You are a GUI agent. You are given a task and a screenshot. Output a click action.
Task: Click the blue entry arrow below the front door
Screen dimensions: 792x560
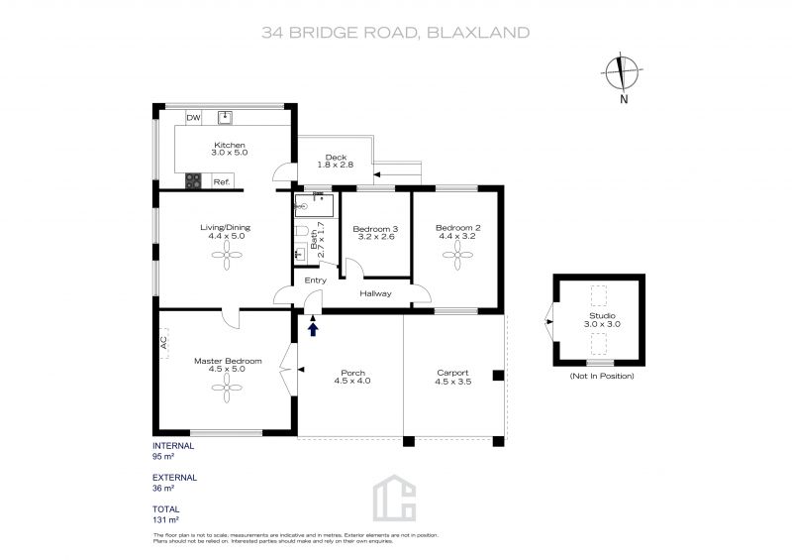tap(313, 330)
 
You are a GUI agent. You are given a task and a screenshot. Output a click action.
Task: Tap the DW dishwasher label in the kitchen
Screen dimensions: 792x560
tap(193, 118)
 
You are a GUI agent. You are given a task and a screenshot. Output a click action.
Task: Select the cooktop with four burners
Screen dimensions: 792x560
tap(193, 180)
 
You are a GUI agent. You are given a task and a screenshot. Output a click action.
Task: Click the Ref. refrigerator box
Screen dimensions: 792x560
tap(222, 180)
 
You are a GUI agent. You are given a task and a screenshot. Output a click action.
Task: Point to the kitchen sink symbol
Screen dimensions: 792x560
tap(225, 117)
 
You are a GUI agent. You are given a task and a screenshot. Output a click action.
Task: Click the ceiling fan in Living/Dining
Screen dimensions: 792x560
tap(227, 255)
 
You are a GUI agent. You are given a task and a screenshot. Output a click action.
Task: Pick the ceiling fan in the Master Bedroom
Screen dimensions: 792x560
tap(227, 388)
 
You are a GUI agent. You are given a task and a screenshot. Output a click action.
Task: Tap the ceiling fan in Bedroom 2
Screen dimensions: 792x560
tap(457, 255)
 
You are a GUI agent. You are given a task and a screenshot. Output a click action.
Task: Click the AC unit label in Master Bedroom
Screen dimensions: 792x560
tap(163, 343)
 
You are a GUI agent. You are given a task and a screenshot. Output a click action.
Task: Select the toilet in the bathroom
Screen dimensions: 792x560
tap(302, 231)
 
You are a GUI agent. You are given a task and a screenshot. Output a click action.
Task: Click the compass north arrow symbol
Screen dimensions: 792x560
tap(623, 72)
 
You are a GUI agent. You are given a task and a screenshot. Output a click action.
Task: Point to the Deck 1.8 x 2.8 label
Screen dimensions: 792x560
tap(336, 161)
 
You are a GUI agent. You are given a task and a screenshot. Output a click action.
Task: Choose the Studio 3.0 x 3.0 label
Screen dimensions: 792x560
tap(602, 320)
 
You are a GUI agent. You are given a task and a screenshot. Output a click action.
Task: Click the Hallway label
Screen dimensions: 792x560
tap(375, 293)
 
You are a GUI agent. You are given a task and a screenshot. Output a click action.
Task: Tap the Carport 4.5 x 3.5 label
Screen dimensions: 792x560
tap(453, 378)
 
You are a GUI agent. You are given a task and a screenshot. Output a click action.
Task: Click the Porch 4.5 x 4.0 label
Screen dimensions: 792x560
tap(352, 377)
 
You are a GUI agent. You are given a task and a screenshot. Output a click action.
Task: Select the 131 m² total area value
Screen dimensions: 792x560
tap(165, 519)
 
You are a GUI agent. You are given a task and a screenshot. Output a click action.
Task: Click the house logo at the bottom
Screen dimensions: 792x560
tap(394, 498)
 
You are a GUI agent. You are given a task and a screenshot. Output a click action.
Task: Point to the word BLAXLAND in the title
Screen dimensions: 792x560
tap(478, 33)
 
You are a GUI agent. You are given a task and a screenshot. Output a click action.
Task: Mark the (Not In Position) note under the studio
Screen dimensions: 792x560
tap(602, 376)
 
